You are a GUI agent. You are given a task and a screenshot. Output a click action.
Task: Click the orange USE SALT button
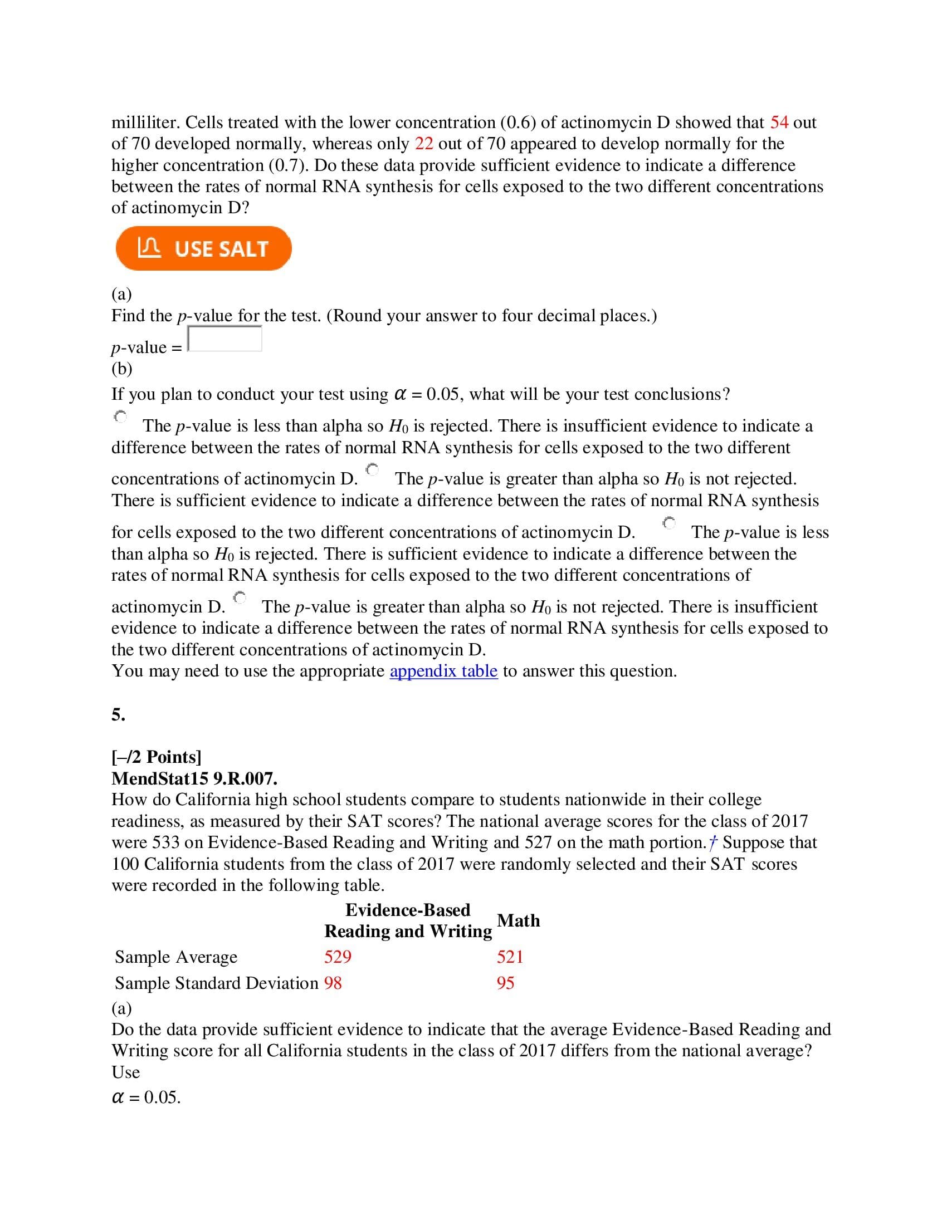(204, 248)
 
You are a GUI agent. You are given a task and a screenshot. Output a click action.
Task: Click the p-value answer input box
(224, 339)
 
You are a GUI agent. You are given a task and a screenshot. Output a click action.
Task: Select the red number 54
(779, 122)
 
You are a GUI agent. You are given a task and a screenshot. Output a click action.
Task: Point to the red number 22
(424, 144)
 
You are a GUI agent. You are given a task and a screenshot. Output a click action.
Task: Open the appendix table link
(443, 671)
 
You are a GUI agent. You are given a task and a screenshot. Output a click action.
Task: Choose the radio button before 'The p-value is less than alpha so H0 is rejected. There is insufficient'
(121, 416)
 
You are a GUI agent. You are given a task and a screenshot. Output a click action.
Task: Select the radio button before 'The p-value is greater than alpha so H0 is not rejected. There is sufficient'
(373, 469)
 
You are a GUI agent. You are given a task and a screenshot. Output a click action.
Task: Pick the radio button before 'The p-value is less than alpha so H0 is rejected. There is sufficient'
(669, 523)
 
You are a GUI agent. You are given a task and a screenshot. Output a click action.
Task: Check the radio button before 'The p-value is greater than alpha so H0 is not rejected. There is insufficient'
(240, 597)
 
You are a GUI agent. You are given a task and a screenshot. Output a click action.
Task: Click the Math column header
(519, 920)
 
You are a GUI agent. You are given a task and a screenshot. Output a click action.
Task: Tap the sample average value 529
(338, 956)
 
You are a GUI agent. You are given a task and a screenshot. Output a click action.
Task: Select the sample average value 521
(510, 956)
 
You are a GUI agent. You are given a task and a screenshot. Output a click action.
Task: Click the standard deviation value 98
(333, 983)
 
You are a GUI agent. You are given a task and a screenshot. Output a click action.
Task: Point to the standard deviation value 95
(505, 983)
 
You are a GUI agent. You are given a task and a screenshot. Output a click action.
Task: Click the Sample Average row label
(175, 956)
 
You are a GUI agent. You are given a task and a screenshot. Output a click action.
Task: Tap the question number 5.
(118, 714)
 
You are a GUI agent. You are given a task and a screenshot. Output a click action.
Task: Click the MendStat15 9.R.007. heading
(194, 778)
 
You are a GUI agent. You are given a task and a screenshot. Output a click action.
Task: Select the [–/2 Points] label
(156, 757)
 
